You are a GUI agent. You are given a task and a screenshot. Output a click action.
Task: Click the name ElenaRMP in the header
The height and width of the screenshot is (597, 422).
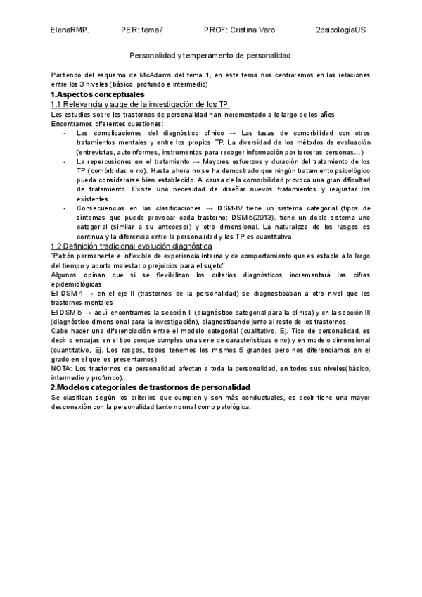(70, 31)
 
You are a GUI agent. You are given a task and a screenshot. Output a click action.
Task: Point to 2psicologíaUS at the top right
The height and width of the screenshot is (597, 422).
(341, 31)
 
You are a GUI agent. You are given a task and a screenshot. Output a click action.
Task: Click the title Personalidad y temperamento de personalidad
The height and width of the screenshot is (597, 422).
(210, 55)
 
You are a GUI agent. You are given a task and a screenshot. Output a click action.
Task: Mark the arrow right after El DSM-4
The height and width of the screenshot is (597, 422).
(89, 293)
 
